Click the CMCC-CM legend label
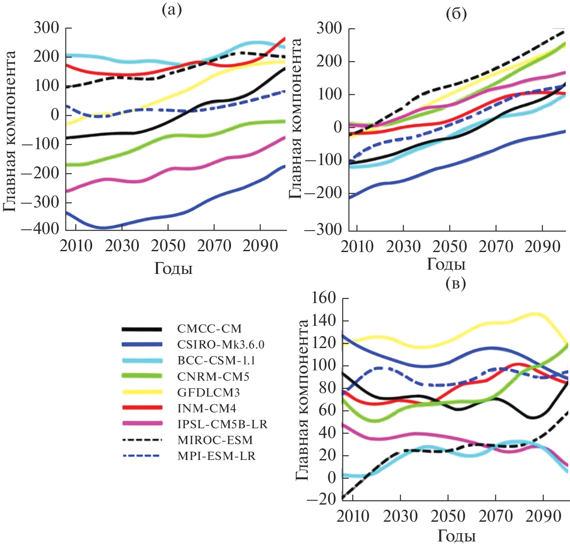tap(209, 329)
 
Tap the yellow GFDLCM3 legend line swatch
tap(142, 392)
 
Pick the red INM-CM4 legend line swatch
tap(142, 408)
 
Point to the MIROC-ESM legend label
tap(215, 440)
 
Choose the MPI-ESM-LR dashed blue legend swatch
tap(142, 456)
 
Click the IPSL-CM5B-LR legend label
tap(222, 424)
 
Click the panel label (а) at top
tap(171, 10)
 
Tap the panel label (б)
tap(456, 15)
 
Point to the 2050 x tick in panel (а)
tap(168, 246)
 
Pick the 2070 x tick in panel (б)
tap(495, 247)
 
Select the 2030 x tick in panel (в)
tap(400, 516)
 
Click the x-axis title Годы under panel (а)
tap(173, 268)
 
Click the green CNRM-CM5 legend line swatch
tap(142, 376)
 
